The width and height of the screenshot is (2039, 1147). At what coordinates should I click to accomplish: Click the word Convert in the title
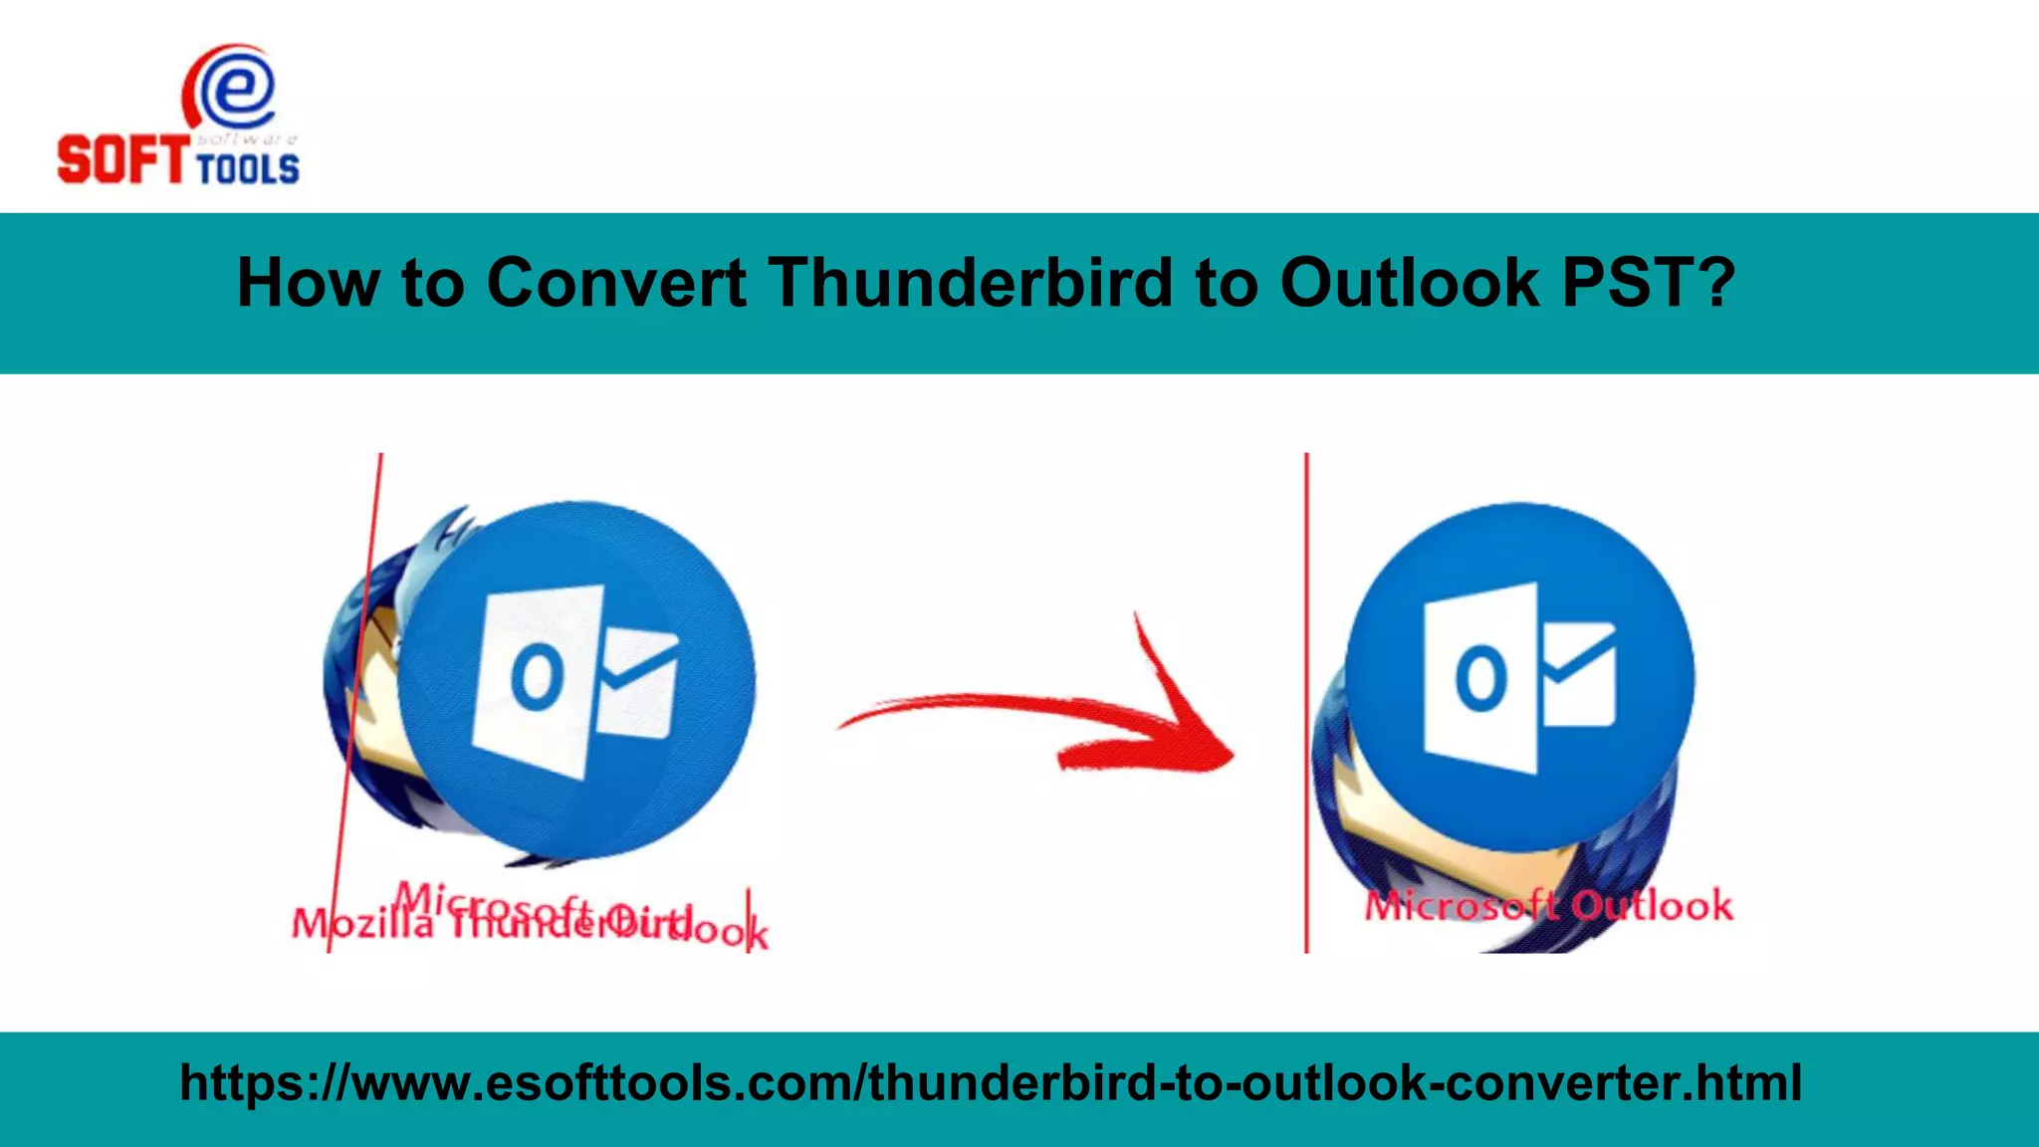pyautogui.click(x=616, y=283)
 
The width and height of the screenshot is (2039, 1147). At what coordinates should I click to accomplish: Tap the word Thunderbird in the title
pyautogui.click(x=971, y=283)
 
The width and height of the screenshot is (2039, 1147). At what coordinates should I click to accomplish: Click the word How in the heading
pyautogui.click(x=308, y=283)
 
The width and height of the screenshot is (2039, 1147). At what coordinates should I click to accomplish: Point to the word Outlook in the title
pyautogui.click(x=1410, y=283)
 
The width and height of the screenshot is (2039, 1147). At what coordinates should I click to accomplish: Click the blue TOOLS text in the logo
pyautogui.click(x=248, y=169)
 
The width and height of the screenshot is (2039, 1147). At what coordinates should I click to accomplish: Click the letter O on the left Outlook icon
pyautogui.click(x=537, y=677)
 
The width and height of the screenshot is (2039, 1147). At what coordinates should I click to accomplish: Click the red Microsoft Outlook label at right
pyautogui.click(x=1548, y=906)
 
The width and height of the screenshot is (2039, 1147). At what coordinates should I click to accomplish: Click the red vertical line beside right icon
pyautogui.click(x=1306, y=697)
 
